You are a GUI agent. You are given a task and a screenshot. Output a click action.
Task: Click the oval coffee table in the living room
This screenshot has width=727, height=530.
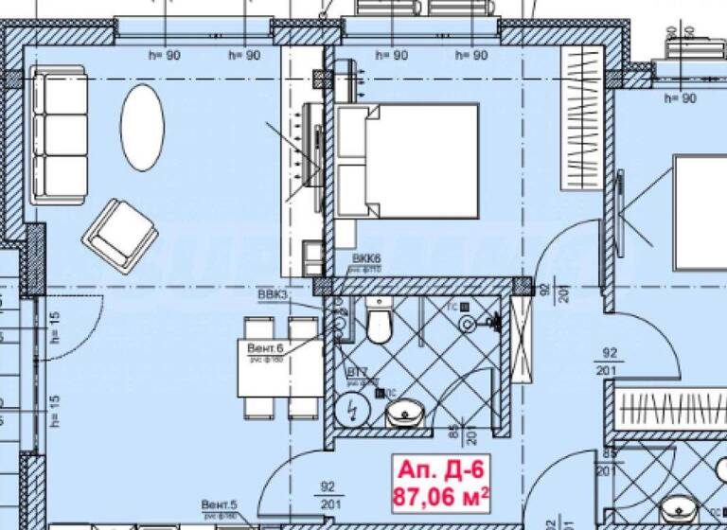pos(143,128)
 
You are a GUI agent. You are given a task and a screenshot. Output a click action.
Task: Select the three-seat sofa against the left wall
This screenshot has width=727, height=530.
pos(59,133)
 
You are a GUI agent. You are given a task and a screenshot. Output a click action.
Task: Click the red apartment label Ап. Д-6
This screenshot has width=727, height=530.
pos(441,470)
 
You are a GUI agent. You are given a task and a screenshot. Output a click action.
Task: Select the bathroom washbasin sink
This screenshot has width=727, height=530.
pos(407,413)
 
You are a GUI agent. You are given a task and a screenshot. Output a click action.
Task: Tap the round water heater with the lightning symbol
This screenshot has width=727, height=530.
pos(353,410)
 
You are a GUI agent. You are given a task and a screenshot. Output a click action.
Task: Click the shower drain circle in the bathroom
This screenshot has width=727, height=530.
pos(469,323)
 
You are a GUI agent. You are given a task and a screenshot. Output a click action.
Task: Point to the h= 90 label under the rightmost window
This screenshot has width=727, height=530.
pos(681,97)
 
